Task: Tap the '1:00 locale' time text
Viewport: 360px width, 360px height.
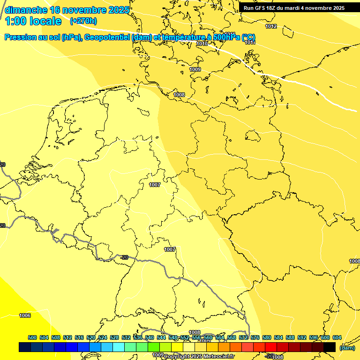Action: pos(33,21)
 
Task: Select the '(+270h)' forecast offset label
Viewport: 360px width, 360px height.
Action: pos(83,21)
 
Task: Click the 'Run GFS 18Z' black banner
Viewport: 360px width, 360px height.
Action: pos(294,7)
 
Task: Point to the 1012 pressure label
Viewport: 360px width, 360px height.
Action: pos(271,26)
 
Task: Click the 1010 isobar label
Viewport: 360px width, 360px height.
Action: pos(202,44)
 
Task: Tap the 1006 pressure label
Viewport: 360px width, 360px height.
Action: pos(25,315)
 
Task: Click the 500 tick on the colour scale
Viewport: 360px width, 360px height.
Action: pos(32,337)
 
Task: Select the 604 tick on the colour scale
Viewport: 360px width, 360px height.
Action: pos(337,337)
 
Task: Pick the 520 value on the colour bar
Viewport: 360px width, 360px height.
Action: pos(91,337)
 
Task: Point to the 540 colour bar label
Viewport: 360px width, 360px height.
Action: pos(150,337)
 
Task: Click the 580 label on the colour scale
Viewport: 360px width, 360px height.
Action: pos(267,337)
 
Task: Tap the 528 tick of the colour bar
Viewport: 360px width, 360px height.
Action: pos(114,337)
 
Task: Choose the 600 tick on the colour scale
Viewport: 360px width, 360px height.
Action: pos(325,337)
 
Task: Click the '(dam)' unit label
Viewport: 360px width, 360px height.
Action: pos(347,347)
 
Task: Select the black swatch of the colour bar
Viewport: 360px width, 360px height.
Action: pos(330,347)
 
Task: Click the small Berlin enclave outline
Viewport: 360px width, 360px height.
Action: pos(253,136)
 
